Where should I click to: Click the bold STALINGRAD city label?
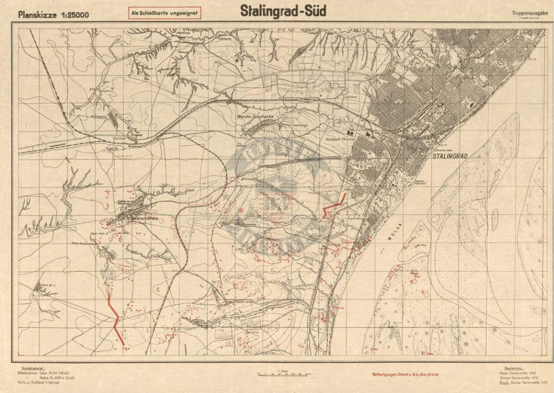(x=451, y=158)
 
